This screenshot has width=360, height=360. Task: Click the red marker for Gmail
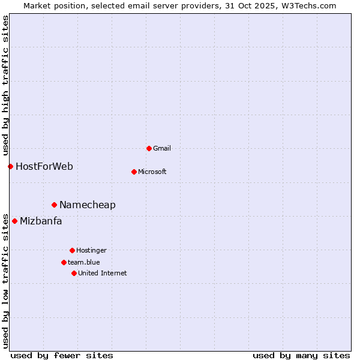coord(149,148)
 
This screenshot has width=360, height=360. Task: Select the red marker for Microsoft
coord(134,172)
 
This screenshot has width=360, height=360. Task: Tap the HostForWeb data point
coord(10,166)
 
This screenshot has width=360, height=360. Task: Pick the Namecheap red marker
coord(54,205)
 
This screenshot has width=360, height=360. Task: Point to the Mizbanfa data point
coord(14,221)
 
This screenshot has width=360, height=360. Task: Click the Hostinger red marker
coord(72,250)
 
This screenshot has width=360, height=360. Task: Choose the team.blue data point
coord(64,262)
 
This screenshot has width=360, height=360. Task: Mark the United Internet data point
coord(74,273)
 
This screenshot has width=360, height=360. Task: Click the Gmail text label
coord(162,148)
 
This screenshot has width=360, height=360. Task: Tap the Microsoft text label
coord(152,172)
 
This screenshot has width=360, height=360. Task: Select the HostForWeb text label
coord(44,166)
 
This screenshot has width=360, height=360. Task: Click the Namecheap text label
coord(88,205)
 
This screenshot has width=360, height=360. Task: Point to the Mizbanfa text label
coord(41,221)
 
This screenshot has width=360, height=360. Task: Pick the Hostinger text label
coord(91,250)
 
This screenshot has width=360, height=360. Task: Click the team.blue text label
coord(84,262)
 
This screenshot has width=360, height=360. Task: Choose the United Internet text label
coord(103,273)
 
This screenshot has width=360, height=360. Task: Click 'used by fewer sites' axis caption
coord(62,355)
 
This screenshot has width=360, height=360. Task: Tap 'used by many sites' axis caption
coord(301,355)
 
